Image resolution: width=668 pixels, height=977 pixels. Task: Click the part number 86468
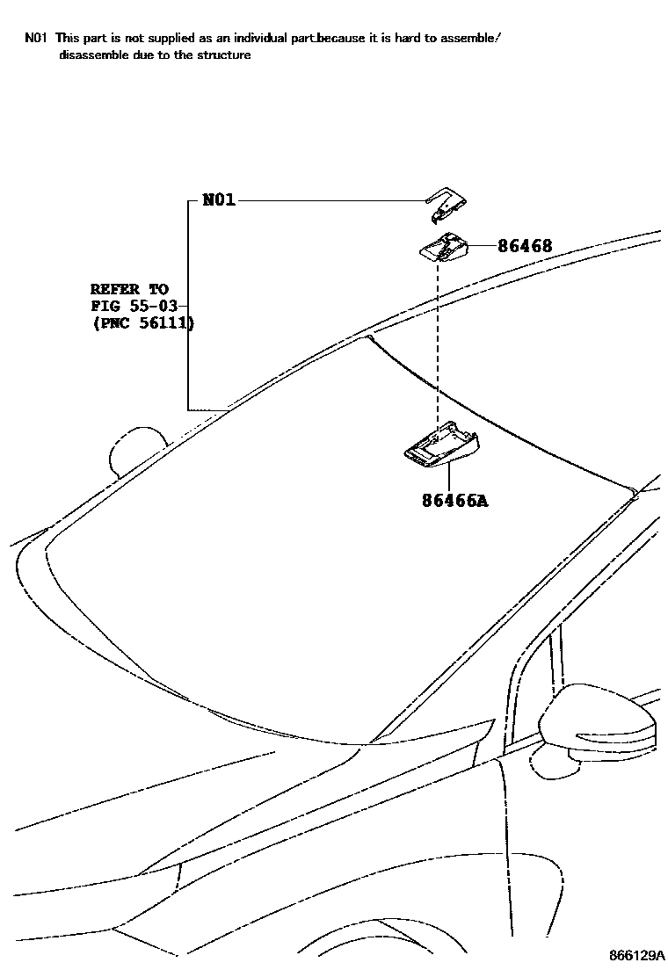(x=525, y=246)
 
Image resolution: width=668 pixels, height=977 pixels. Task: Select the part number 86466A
(x=454, y=501)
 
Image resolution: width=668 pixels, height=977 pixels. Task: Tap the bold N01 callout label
(x=219, y=200)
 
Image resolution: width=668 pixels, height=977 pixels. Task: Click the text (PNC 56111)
(x=142, y=323)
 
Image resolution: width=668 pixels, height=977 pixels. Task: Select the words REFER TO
(x=129, y=288)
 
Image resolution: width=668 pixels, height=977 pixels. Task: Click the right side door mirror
(x=598, y=724)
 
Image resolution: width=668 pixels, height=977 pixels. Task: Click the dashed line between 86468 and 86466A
(x=437, y=343)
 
